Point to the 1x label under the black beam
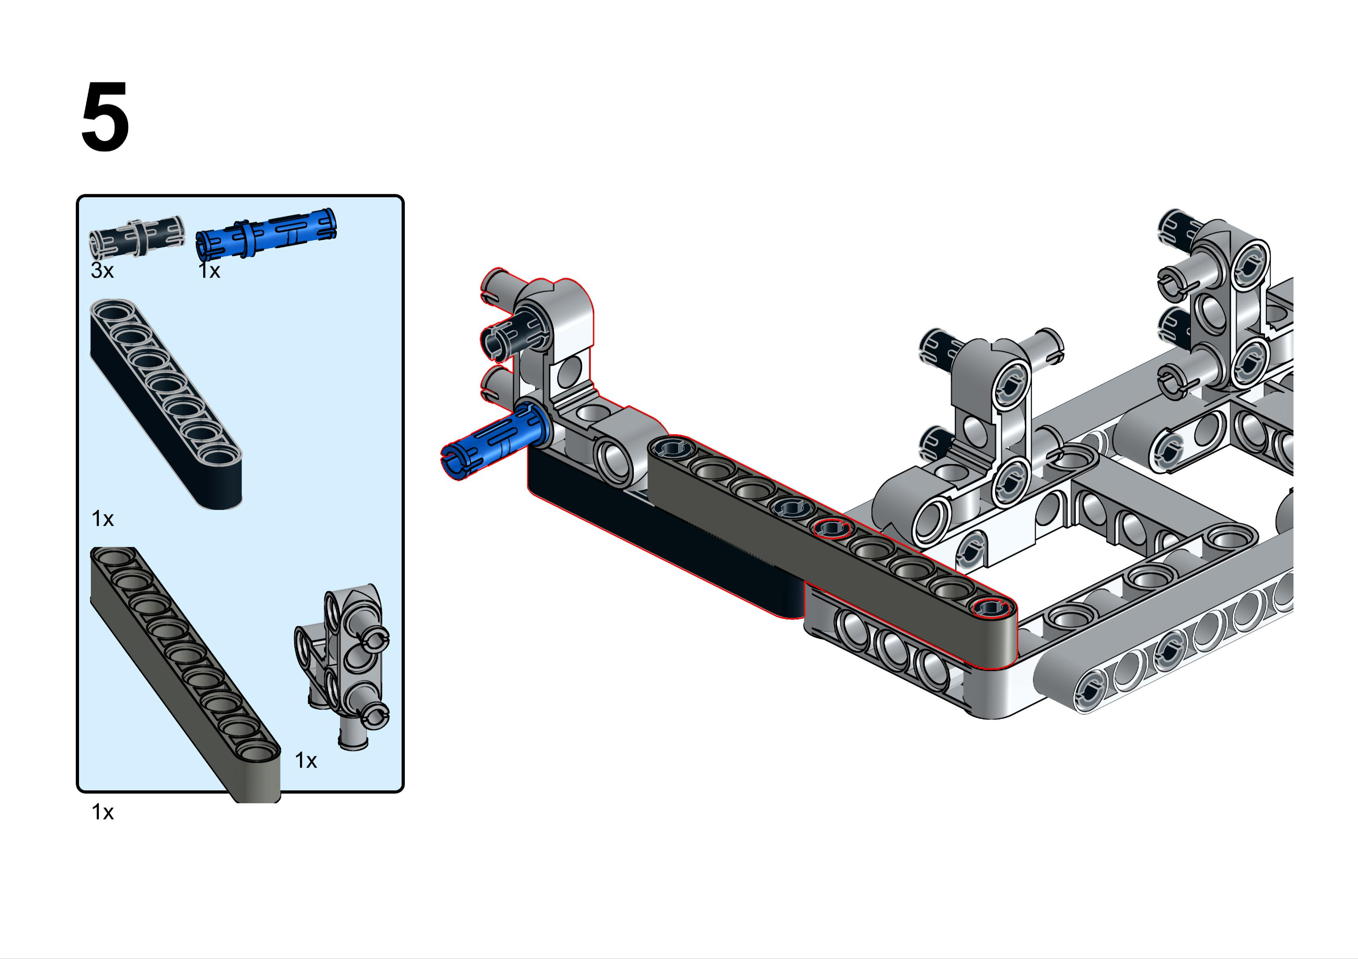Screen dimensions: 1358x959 click(x=102, y=518)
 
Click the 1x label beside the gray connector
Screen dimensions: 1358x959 click(x=306, y=760)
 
